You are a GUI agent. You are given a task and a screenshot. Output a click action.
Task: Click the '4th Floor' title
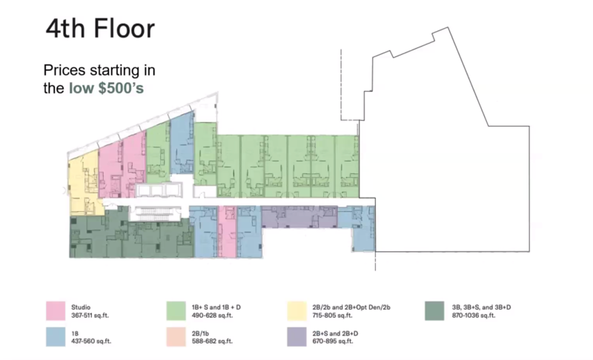click(x=100, y=29)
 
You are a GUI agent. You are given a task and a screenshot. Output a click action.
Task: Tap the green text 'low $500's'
click(x=106, y=88)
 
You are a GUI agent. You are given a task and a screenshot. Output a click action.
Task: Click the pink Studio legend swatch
click(x=56, y=311)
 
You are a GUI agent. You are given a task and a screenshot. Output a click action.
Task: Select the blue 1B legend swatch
click(x=56, y=337)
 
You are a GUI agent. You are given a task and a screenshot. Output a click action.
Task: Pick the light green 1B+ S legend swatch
click(x=176, y=311)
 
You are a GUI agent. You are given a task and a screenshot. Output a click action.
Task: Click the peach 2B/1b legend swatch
click(x=176, y=337)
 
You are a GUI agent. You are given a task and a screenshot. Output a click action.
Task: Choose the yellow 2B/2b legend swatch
click(x=297, y=311)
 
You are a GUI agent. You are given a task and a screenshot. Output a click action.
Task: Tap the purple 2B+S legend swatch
click(x=297, y=337)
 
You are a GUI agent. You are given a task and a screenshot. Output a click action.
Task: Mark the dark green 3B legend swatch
click(x=434, y=311)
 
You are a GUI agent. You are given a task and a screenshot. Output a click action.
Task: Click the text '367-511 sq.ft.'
click(x=90, y=316)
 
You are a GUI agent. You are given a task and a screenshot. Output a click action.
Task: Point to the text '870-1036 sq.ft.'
click(x=474, y=316)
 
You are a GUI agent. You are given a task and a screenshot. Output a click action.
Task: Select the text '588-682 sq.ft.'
click(x=212, y=341)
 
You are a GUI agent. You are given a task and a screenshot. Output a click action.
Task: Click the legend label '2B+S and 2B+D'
click(x=335, y=333)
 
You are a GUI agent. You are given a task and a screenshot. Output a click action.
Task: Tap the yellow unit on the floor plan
click(x=84, y=183)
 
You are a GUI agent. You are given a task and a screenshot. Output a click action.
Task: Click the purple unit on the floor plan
click(x=299, y=217)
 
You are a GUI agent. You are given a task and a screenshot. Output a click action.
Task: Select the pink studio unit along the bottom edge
click(x=228, y=231)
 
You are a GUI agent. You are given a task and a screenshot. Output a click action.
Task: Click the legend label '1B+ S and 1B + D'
click(x=216, y=307)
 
